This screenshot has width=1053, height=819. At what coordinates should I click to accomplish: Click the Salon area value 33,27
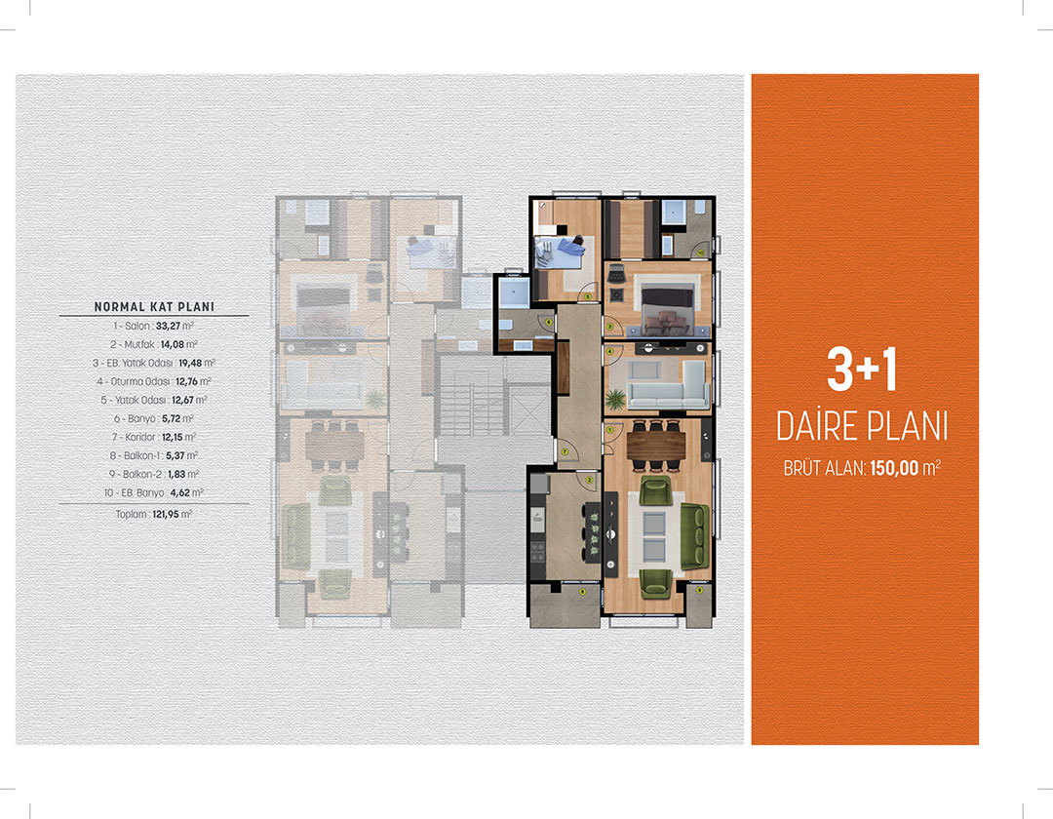[168, 327]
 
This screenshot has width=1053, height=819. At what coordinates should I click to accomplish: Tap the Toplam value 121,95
[166, 514]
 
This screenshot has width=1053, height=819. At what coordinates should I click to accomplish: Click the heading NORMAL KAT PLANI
[154, 307]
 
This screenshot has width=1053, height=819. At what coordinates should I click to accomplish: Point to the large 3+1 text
[862, 370]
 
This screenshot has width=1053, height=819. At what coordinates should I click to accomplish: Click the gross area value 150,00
[894, 468]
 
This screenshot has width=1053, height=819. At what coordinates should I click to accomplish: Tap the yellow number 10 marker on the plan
[700, 253]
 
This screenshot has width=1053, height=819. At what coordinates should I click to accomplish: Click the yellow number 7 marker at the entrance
[565, 451]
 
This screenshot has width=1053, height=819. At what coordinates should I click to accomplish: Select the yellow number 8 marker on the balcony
[582, 592]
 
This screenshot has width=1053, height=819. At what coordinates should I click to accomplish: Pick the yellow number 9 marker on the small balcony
[700, 590]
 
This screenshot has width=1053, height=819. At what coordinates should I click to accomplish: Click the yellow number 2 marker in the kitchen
[589, 480]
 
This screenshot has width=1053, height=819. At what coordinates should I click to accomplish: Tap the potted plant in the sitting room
[614, 400]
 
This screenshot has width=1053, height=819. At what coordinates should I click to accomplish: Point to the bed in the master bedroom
[667, 309]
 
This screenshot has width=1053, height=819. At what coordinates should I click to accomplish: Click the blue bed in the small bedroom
[560, 252]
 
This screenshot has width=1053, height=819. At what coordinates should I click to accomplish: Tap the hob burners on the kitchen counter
[538, 552]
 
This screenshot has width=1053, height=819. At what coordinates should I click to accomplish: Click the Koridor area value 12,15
[173, 437]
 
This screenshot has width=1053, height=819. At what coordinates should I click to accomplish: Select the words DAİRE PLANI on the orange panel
[862, 427]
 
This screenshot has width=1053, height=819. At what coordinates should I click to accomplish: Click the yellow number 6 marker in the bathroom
[549, 322]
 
